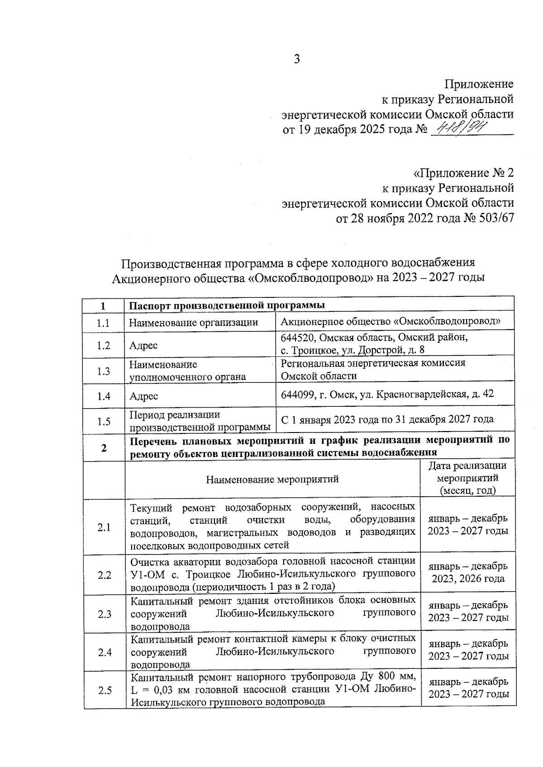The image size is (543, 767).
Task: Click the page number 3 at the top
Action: tap(297, 60)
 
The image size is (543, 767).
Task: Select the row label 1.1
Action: tap(104, 323)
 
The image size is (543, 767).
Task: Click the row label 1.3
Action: tap(104, 372)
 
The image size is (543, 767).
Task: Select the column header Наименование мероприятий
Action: tap(272, 479)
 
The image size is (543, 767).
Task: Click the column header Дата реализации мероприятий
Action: tap(468, 478)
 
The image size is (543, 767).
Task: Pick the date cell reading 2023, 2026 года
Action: tap(468, 579)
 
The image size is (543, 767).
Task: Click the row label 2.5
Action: tap(104, 690)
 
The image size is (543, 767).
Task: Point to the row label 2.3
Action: tap(104, 613)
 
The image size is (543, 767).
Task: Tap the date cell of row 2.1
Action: tap(468, 524)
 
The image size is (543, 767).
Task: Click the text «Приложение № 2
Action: tap(464, 173)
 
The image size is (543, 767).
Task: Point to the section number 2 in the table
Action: tap(104, 447)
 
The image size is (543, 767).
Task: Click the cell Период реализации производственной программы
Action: tap(200, 421)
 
